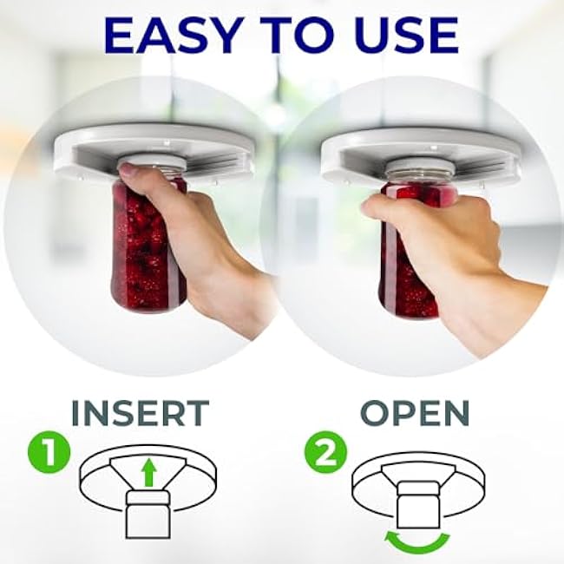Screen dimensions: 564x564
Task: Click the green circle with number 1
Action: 49,452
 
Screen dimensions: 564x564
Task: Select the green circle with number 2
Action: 325,452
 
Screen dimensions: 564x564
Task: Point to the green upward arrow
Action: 148,475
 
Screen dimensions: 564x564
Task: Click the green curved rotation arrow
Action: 417,545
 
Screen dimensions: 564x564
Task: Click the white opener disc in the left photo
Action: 154,151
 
